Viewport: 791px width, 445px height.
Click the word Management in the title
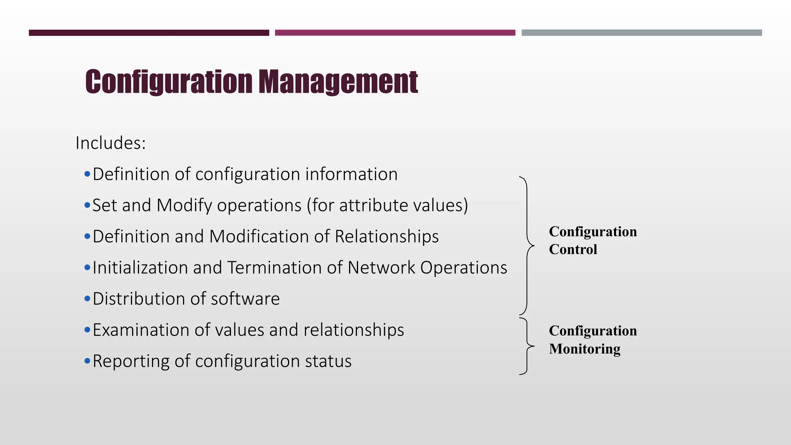click(338, 82)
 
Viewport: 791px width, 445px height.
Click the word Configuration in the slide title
click(168, 82)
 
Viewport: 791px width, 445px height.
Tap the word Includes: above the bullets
click(110, 143)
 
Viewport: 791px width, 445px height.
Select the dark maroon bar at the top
click(149, 33)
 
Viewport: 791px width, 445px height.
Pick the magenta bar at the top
click(395, 33)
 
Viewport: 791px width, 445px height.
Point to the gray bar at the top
click(642, 33)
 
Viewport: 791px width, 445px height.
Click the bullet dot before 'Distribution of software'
click(87, 299)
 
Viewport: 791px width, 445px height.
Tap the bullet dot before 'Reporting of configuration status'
click(87, 361)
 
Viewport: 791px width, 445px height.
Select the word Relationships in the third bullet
click(387, 236)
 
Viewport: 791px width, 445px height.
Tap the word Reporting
click(131, 362)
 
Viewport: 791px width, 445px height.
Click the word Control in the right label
click(573, 250)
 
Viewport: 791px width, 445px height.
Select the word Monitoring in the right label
click(584, 349)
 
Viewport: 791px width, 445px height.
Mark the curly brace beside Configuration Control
click(527, 246)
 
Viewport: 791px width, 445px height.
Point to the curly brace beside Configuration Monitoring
click(527, 346)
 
